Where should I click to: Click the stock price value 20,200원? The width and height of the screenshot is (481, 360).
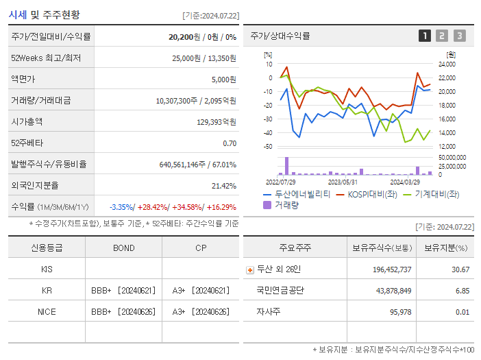183,36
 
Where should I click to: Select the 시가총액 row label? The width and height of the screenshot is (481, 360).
27,121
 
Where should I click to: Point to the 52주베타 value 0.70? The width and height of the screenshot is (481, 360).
230,143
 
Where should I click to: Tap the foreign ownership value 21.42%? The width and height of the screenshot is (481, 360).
224,186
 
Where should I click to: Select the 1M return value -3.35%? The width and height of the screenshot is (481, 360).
121,207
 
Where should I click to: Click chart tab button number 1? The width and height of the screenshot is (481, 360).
425,36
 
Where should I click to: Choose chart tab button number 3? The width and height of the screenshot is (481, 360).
459,36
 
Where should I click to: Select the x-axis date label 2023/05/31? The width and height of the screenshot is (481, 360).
342,182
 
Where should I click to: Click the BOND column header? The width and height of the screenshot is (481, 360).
123,248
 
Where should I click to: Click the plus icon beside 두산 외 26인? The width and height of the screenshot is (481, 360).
249,270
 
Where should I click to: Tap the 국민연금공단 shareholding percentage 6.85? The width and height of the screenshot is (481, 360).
463,291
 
